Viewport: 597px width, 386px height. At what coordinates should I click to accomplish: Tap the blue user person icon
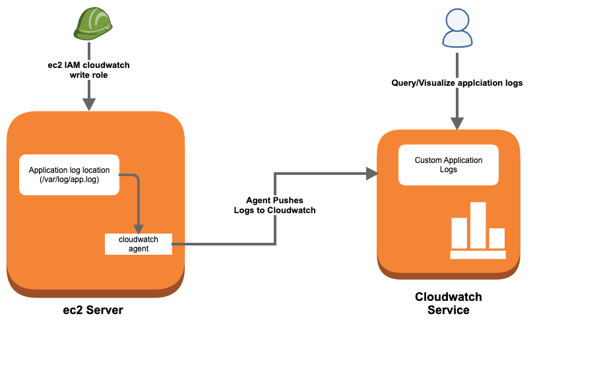[457, 28]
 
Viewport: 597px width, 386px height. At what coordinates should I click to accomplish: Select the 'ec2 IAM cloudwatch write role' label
[88, 71]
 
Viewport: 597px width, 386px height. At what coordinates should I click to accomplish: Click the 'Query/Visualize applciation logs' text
[456, 83]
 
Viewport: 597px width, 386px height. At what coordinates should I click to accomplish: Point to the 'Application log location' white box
[69, 175]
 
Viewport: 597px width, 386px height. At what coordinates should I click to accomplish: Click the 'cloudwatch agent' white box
[139, 244]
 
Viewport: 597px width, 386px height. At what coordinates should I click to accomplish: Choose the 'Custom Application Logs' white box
[449, 165]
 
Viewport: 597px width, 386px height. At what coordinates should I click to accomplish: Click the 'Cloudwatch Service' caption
[449, 304]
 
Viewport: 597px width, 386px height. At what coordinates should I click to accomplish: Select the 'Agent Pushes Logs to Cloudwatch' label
[274, 205]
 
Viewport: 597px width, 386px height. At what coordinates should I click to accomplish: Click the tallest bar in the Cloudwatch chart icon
[478, 225]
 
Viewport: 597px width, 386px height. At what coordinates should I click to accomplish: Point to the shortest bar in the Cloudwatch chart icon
[497, 238]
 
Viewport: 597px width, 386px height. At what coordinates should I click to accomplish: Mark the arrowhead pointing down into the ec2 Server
[89, 104]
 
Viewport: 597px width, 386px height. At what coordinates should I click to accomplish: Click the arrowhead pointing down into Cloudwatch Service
[457, 123]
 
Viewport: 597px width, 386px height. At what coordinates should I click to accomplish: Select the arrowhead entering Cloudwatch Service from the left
[372, 174]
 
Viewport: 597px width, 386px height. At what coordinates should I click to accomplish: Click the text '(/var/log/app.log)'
[69, 179]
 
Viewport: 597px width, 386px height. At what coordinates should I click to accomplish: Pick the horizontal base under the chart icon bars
[478, 255]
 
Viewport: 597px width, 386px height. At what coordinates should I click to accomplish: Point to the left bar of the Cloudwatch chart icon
[459, 233]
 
